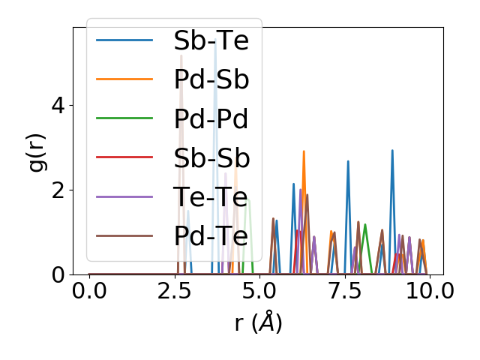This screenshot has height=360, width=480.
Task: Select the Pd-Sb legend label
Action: tap(211, 79)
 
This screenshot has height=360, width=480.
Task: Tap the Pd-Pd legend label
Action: tap(211, 118)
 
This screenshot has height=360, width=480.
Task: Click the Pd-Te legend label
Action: tap(211, 236)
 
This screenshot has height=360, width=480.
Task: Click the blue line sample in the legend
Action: tap(124, 40)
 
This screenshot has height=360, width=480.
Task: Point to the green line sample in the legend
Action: tap(124, 118)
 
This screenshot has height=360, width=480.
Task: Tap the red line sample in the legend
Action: tap(124, 157)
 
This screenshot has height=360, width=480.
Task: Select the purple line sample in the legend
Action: tap(124, 196)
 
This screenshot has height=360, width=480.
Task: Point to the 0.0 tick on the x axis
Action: tap(89, 292)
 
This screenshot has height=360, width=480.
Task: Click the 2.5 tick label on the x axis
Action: tap(174, 292)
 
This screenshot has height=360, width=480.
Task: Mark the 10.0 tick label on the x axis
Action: tap(424, 292)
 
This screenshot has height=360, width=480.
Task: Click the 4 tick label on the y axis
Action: tap(58, 105)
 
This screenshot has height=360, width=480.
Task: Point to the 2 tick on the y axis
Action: tap(58, 190)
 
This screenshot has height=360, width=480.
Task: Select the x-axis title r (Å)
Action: tap(258, 322)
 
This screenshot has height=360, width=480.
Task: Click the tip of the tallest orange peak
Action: tap(304, 151)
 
